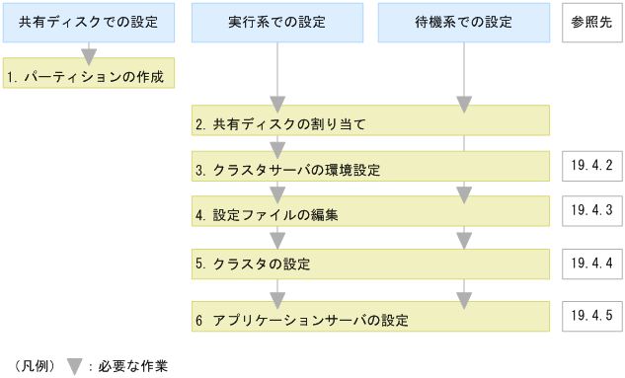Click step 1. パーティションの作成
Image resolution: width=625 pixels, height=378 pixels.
click(x=89, y=74)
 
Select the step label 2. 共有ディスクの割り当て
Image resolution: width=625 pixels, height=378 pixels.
click(x=281, y=124)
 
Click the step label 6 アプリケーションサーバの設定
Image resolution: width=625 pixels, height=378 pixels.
click(x=302, y=321)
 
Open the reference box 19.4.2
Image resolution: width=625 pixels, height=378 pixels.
click(x=591, y=165)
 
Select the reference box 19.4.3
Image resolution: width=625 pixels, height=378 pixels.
click(x=591, y=210)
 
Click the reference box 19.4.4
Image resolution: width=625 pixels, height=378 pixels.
click(x=591, y=264)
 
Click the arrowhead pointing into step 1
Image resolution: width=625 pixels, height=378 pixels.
click(x=89, y=55)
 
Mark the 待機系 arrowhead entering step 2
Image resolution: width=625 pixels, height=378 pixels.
click(x=464, y=105)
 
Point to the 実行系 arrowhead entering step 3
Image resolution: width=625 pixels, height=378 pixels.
click(x=277, y=150)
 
